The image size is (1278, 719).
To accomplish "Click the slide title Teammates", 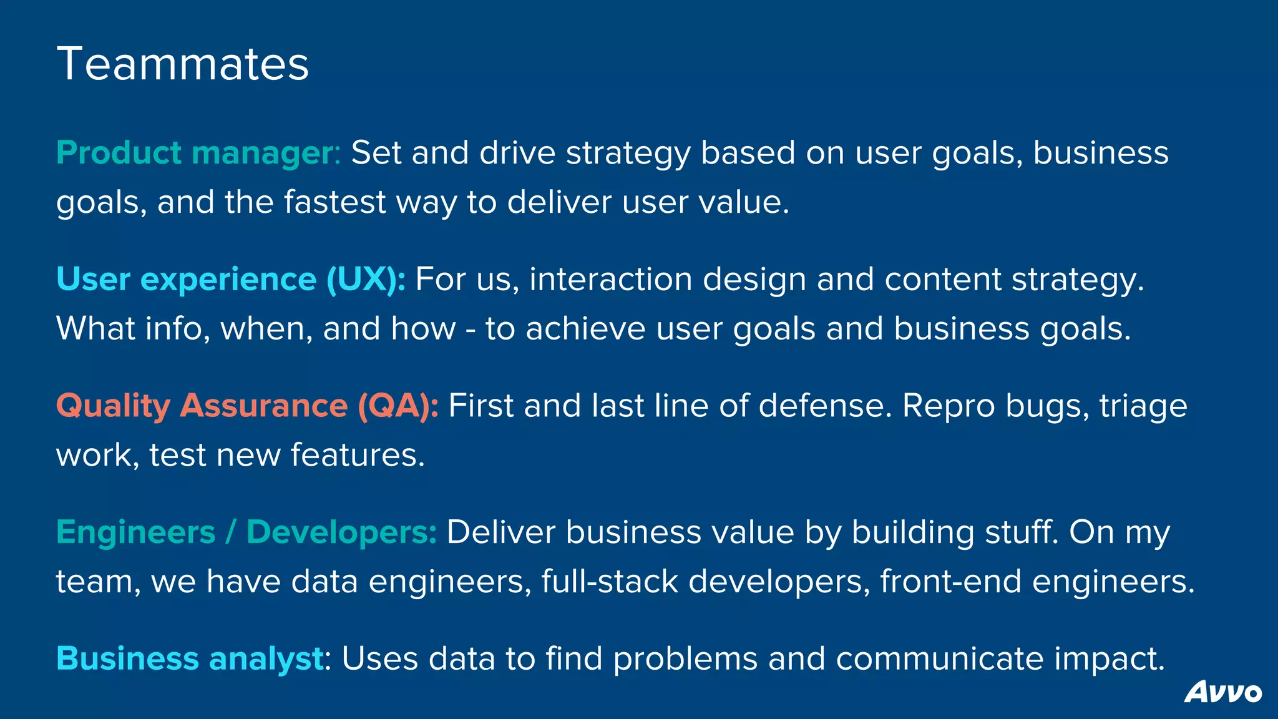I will click(183, 64).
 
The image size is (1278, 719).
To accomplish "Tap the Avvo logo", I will click(1222, 693).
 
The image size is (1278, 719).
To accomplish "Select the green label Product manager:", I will click(198, 153).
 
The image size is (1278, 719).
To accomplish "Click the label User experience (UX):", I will click(231, 279).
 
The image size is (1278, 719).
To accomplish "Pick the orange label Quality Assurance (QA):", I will click(247, 406).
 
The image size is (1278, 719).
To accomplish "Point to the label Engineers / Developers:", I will click(246, 532).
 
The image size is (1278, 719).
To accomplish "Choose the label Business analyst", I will click(190, 658).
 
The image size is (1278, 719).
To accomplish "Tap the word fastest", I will click(335, 202).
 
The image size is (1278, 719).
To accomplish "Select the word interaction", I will click(610, 279).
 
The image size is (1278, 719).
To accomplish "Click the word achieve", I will click(585, 329).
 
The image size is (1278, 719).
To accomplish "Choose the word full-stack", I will click(609, 582).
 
